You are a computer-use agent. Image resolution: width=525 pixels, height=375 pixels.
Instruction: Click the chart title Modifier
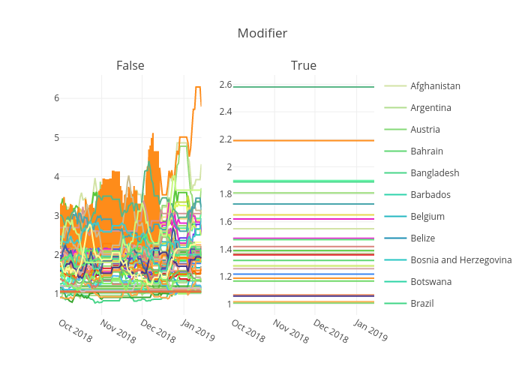tap(262, 33)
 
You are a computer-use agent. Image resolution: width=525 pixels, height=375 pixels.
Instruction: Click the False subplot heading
tap(130, 66)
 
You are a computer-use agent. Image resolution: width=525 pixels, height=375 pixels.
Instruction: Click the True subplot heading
tap(303, 66)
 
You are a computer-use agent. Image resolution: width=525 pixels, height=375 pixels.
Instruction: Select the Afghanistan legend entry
tap(435, 86)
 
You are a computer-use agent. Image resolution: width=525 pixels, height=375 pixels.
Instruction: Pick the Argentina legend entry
tap(430, 108)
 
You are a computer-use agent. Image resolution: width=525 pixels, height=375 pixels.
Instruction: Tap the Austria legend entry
tap(424, 130)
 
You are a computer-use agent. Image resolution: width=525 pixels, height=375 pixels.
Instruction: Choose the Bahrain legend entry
tap(426, 151)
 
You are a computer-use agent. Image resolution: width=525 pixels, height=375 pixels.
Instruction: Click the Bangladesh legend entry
tap(434, 173)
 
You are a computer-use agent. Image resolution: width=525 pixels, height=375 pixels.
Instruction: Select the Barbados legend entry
tap(430, 195)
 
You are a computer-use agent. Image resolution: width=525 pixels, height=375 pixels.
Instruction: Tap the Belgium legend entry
tap(427, 217)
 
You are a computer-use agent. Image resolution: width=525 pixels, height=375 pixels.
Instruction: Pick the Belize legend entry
tap(423, 238)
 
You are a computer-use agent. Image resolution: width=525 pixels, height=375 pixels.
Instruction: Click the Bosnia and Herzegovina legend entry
tap(460, 260)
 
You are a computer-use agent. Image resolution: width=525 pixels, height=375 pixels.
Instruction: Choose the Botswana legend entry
tap(430, 282)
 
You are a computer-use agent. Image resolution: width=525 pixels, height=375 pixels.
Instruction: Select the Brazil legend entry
tap(421, 304)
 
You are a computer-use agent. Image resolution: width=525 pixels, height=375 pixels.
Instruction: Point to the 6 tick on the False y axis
tap(55, 98)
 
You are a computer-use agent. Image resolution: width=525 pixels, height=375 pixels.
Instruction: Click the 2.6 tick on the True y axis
tap(226, 85)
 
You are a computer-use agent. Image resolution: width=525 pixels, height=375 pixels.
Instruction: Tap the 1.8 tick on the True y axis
tap(226, 194)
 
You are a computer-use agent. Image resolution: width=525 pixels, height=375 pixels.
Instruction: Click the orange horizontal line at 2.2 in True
tap(304, 140)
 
